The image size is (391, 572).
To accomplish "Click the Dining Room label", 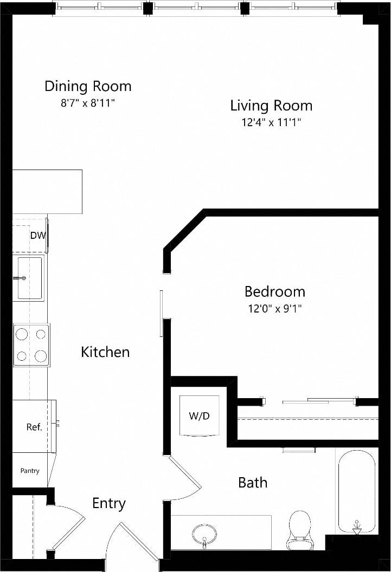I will click(x=88, y=86).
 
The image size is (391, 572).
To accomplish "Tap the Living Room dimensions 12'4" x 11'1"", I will click(x=271, y=122).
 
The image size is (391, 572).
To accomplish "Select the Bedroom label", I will click(x=274, y=292).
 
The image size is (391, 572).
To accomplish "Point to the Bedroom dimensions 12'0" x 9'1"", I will click(x=274, y=309).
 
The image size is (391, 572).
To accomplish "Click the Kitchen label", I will click(x=105, y=352).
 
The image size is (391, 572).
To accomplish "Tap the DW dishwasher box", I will click(x=37, y=236).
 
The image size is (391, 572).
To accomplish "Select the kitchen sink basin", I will click(x=30, y=278).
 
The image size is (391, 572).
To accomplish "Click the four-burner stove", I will click(x=31, y=345).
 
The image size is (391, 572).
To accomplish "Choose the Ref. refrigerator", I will click(x=34, y=426).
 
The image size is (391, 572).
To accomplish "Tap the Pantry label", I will click(x=30, y=471).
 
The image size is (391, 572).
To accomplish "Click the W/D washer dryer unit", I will click(x=200, y=415).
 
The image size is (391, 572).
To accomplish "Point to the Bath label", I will click(x=253, y=482).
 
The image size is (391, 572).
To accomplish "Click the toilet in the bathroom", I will click(x=299, y=527).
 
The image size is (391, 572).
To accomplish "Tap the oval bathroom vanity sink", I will click(x=204, y=533).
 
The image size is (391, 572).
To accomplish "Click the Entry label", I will click(x=109, y=503).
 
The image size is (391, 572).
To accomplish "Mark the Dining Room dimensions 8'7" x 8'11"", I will click(x=88, y=103).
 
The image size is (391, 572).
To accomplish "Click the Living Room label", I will click(x=271, y=105).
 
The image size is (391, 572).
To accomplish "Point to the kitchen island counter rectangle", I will click(x=47, y=192).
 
